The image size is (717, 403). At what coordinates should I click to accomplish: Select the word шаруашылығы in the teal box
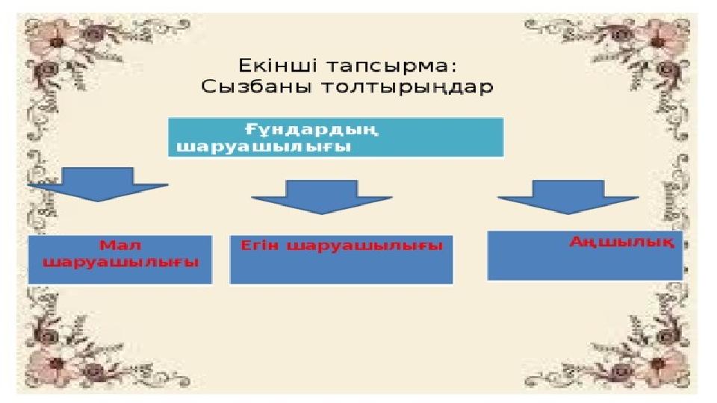click(x=264, y=146)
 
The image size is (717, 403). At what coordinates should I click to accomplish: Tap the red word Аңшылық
click(x=622, y=242)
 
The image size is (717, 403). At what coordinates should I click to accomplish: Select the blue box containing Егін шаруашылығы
click(x=341, y=269)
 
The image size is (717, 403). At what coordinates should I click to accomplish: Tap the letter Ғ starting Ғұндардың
click(x=250, y=129)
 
